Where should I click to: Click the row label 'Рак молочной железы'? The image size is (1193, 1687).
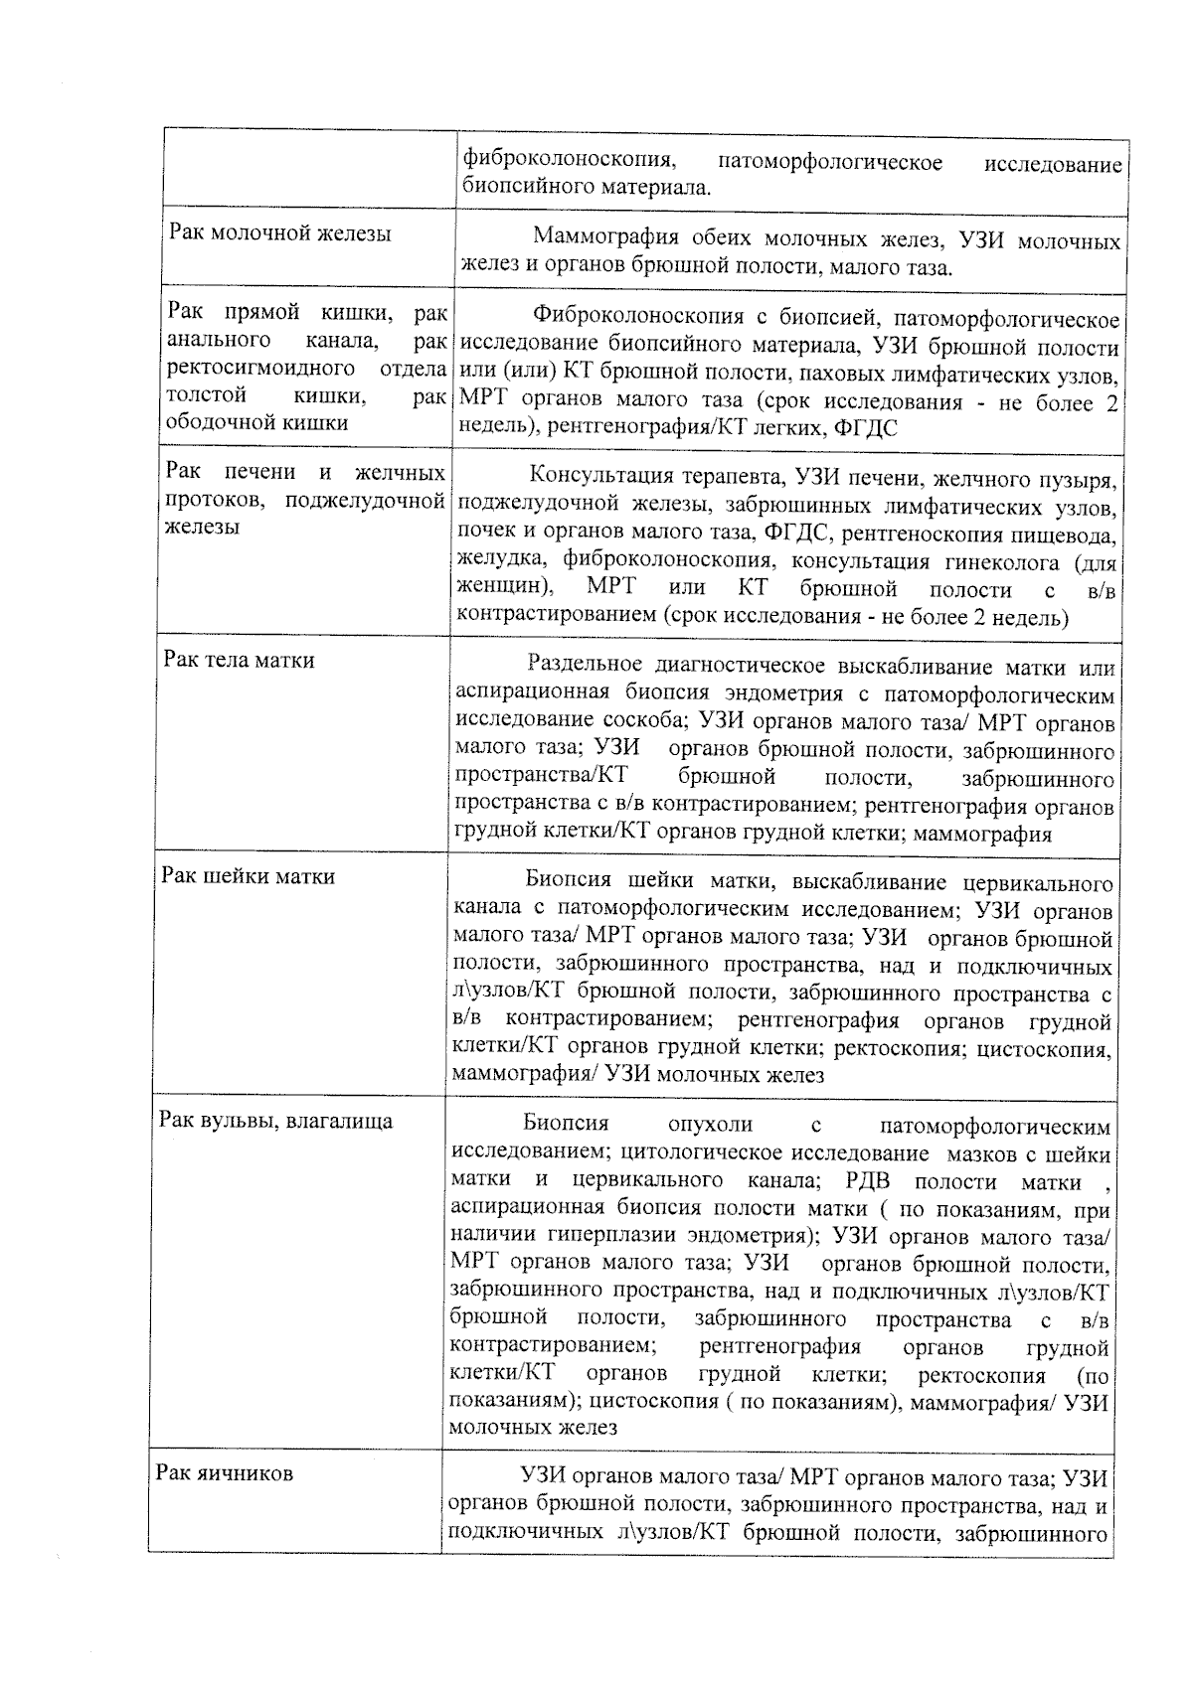(x=279, y=234)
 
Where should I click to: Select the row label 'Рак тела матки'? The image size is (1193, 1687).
(x=239, y=661)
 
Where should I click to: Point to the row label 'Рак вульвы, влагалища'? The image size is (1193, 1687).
(x=276, y=1122)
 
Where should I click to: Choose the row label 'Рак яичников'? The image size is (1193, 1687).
(x=225, y=1473)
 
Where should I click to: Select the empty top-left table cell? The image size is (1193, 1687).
(x=308, y=170)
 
